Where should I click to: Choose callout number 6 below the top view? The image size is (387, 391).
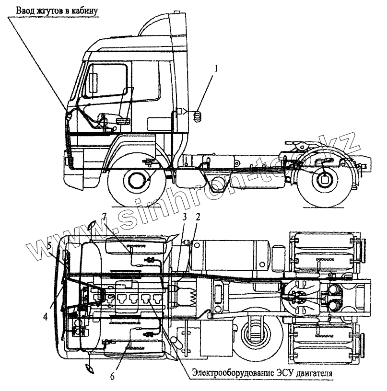tap(112, 376)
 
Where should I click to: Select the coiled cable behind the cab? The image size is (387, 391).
tap(197, 115)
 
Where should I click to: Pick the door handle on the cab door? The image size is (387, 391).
tap(124, 120)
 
